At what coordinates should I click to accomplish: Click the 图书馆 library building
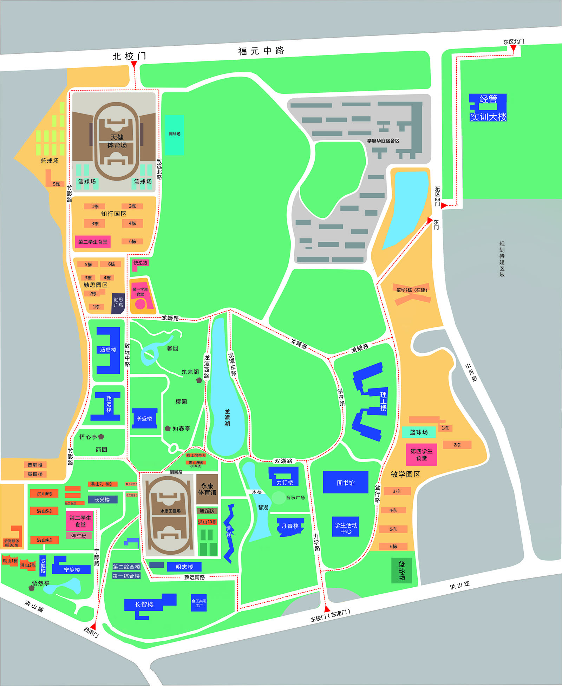tap(346, 482)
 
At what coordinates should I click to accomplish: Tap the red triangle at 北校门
tap(134, 64)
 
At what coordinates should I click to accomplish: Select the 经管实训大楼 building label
tap(488, 108)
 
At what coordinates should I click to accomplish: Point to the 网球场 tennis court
tap(175, 134)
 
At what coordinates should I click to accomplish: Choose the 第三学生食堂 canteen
tap(93, 242)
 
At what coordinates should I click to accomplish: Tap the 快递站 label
tap(140, 263)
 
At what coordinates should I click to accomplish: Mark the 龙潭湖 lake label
tap(227, 417)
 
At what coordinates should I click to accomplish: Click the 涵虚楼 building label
tap(108, 350)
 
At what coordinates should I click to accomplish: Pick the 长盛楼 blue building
tap(144, 418)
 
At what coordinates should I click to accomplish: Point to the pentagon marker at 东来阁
tap(199, 380)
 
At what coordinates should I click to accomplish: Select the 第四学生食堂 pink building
tap(421, 455)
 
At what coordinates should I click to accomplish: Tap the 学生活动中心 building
tap(346, 528)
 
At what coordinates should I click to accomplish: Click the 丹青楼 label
tap(290, 526)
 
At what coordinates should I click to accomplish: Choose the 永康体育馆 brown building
tap(207, 489)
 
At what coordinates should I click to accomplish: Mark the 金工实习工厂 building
tap(199, 603)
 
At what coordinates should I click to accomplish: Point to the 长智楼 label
tap(144, 604)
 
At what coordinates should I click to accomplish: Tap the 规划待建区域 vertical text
tap(502, 259)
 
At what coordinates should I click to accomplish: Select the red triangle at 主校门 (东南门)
tap(327, 609)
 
